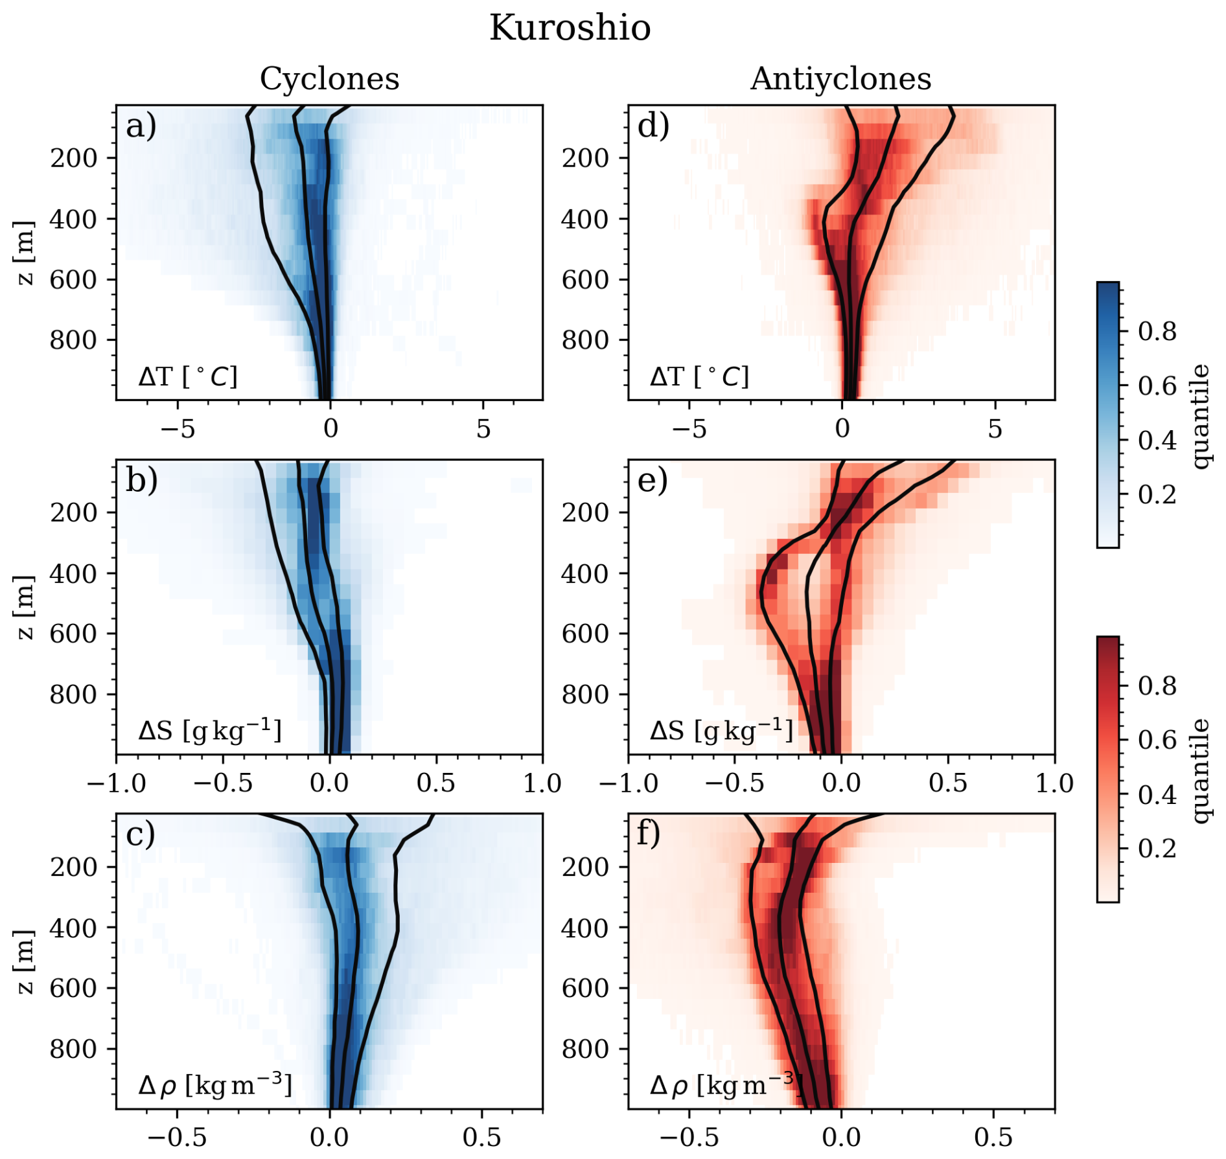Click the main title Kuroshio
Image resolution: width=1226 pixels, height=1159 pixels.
click(570, 29)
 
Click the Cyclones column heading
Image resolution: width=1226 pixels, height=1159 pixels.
click(329, 79)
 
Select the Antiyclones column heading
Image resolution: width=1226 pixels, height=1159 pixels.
click(840, 79)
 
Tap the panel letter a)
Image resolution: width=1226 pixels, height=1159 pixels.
click(141, 126)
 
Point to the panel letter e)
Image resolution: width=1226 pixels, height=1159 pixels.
click(653, 480)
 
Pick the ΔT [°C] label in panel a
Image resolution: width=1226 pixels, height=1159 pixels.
click(188, 376)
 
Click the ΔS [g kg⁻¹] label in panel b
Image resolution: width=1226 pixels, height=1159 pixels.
click(210, 731)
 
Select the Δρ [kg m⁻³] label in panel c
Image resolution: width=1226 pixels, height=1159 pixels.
click(214, 1084)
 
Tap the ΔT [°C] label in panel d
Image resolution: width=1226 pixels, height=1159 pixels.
click(699, 376)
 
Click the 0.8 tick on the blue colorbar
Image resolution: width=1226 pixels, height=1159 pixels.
click(1157, 332)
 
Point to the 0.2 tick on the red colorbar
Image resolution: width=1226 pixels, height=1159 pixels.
click(1157, 848)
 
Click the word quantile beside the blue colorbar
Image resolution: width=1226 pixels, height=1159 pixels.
click(1200, 415)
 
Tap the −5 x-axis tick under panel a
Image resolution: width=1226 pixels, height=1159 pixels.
click(178, 429)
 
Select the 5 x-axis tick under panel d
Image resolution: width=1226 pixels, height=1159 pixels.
click(995, 429)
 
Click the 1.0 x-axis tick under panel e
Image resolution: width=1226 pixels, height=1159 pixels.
click(1054, 783)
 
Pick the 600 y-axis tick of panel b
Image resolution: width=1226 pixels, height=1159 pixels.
click(73, 634)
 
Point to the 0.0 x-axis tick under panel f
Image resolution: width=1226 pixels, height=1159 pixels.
click(841, 1138)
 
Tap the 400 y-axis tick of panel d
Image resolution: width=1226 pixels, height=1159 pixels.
click(585, 219)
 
